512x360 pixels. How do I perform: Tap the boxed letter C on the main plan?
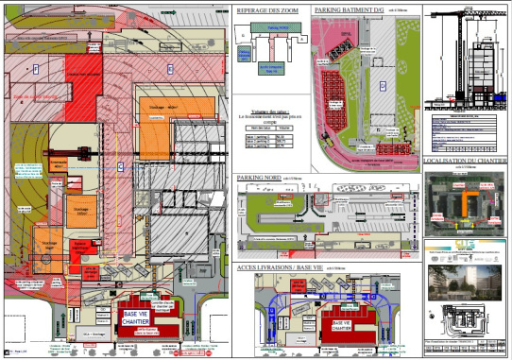120,166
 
